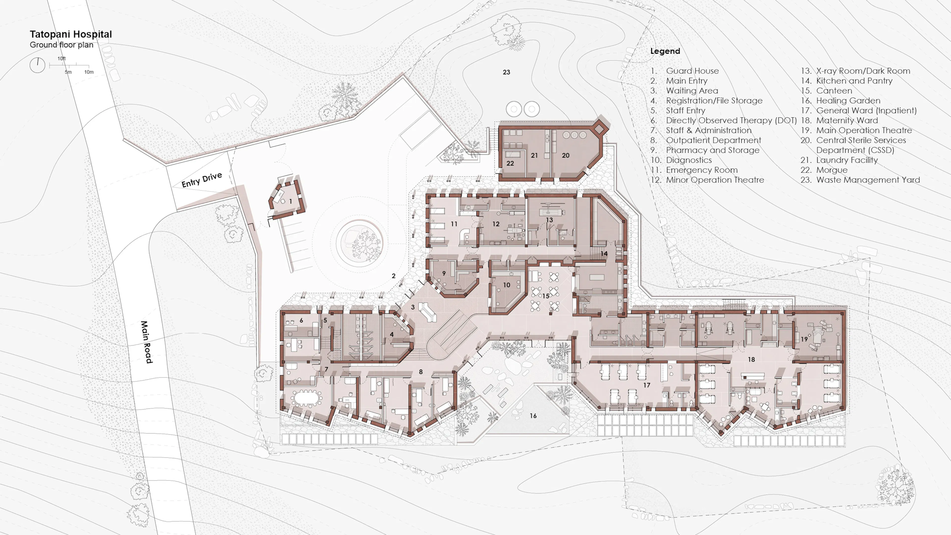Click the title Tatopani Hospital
click(x=71, y=34)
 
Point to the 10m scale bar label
click(x=89, y=72)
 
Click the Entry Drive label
click(x=202, y=180)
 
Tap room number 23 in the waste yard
click(x=506, y=72)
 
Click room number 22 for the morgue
click(x=510, y=163)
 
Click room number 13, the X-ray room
click(x=549, y=220)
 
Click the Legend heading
click(x=665, y=51)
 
